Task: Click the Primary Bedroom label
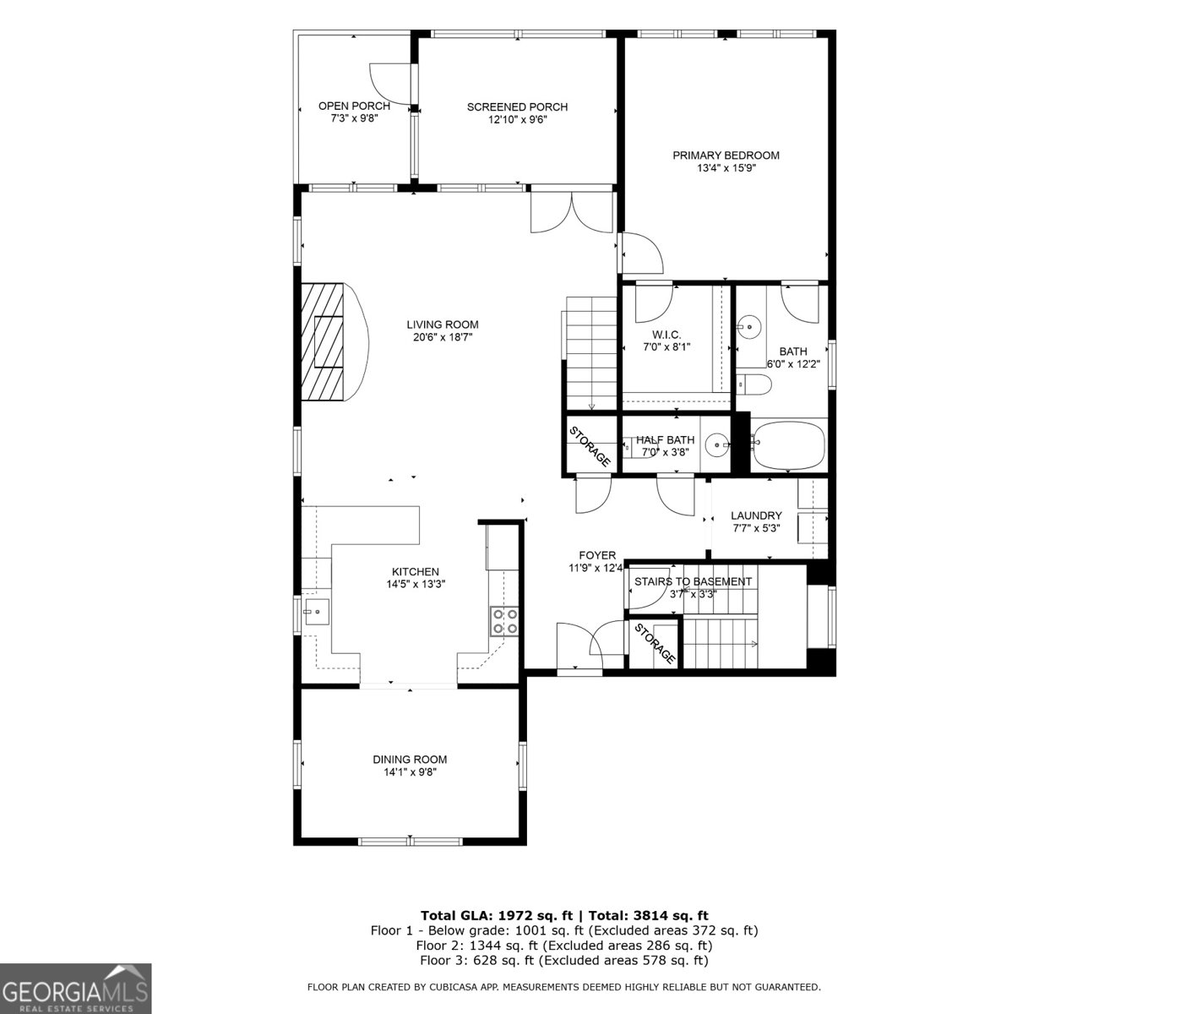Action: pos(726,155)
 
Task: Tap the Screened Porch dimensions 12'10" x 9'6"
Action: pos(517,120)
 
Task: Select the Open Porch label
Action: pos(354,106)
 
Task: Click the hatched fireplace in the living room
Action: pos(325,341)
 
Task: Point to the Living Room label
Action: pos(442,324)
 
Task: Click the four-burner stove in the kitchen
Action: pos(504,621)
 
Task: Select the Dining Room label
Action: pos(410,759)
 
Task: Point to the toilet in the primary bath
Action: pos(754,385)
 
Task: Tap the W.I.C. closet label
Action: pos(661,335)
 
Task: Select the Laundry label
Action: pos(756,515)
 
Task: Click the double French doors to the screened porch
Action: pos(571,212)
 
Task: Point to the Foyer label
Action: pos(597,555)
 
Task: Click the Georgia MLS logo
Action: pos(76,989)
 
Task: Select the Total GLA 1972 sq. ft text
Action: pos(497,915)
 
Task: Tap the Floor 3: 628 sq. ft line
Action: pos(563,961)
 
